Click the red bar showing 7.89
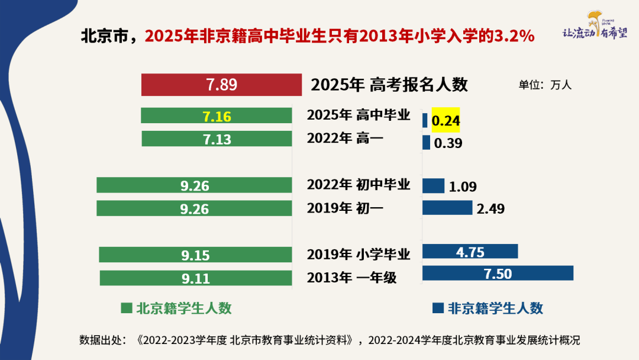click(222, 85)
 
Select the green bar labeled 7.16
click(217, 116)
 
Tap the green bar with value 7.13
click(217, 139)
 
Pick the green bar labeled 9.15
click(195, 255)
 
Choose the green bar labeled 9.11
click(195, 278)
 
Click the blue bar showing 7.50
click(498, 273)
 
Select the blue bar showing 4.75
click(470, 252)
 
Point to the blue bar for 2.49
click(447, 208)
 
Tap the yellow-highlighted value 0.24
click(446, 121)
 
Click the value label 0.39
click(448, 143)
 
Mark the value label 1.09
click(463, 187)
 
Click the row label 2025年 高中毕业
click(358, 115)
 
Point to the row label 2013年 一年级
click(351, 278)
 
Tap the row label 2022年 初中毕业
click(358, 185)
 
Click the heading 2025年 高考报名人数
click(389, 85)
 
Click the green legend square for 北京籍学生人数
click(125, 308)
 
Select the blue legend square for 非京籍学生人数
click(438, 308)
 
